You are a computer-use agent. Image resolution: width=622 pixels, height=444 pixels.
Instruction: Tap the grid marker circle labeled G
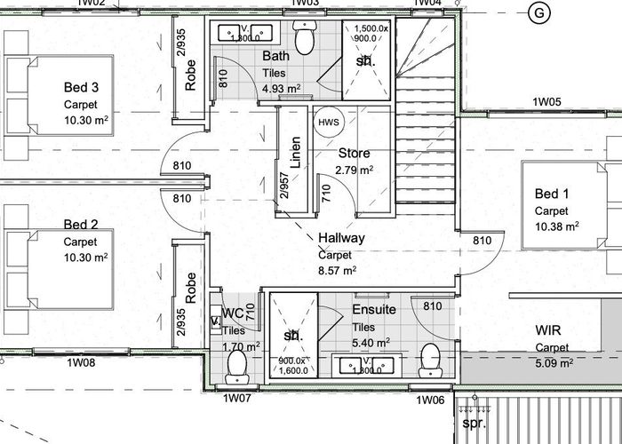pyautogui.click(x=538, y=12)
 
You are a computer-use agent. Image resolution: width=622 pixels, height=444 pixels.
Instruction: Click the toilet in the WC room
pyautogui.click(x=236, y=364)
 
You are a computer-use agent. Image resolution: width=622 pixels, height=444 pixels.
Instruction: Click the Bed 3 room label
pyautogui.click(x=81, y=87)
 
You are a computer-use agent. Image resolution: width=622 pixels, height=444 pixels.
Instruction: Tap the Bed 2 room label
pyautogui.click(x=81, y=225)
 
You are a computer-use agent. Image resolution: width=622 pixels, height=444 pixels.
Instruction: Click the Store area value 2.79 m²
pyautogui.click(x=354, y=170)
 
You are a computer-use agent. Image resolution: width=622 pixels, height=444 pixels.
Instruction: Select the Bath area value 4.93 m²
pyautogui.click(x=282, y=88)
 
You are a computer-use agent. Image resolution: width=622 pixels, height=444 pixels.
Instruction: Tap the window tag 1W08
pyautogui.click(x=81, y=361)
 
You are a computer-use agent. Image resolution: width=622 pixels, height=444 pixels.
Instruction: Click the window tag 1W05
pyautogui.click(x=546, y=103)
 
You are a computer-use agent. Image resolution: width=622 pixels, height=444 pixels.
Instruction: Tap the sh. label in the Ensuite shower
pyautogui.click(x=291, y=337)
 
